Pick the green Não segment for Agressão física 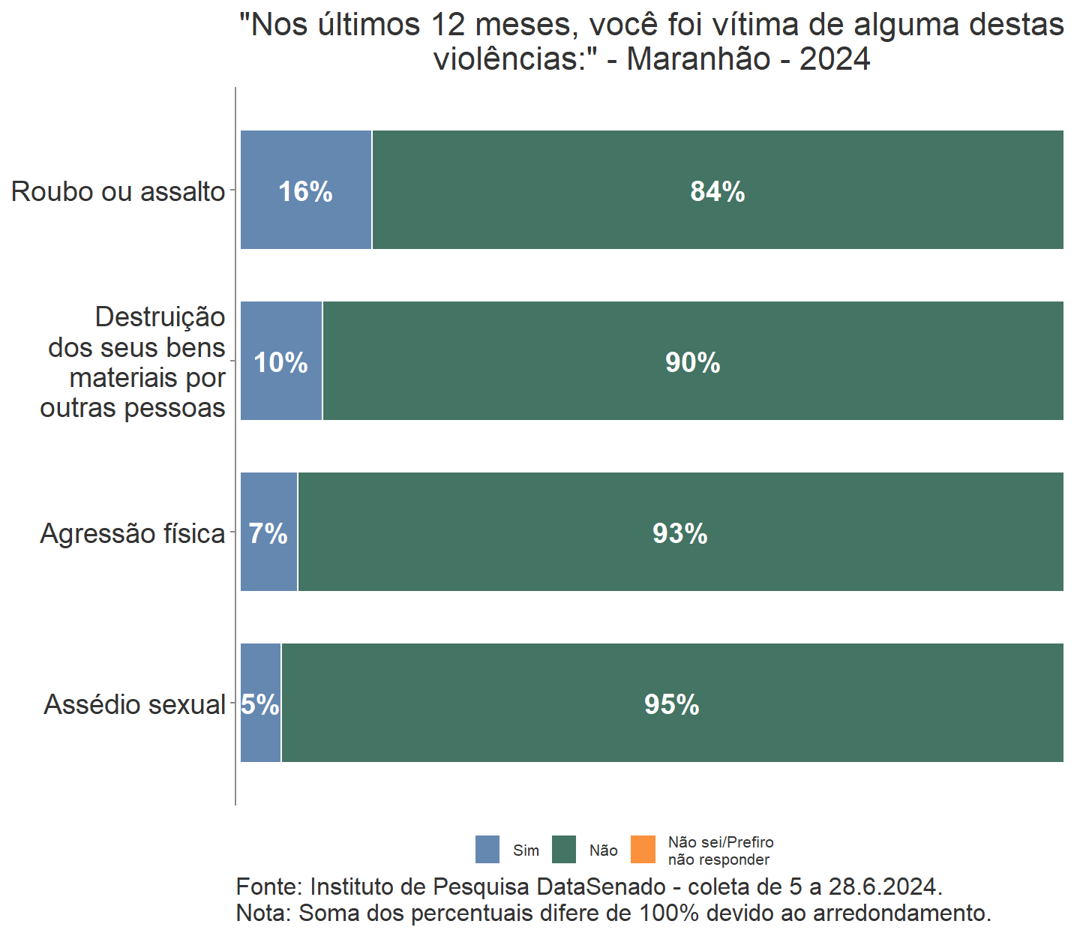point(679,562)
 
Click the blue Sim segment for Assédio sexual point(260,735)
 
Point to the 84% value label point(717,192)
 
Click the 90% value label point(692,363)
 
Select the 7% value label point(268,534)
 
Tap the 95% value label point(671,705)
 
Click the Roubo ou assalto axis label point(118,192)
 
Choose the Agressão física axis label point(132,534)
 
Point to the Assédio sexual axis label point(134,705)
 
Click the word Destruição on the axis point(160,317)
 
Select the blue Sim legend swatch point(487,850)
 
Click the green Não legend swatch point(564,850)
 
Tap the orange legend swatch point(643,850)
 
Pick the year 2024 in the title point(834,59)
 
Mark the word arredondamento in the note point(901,913)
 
